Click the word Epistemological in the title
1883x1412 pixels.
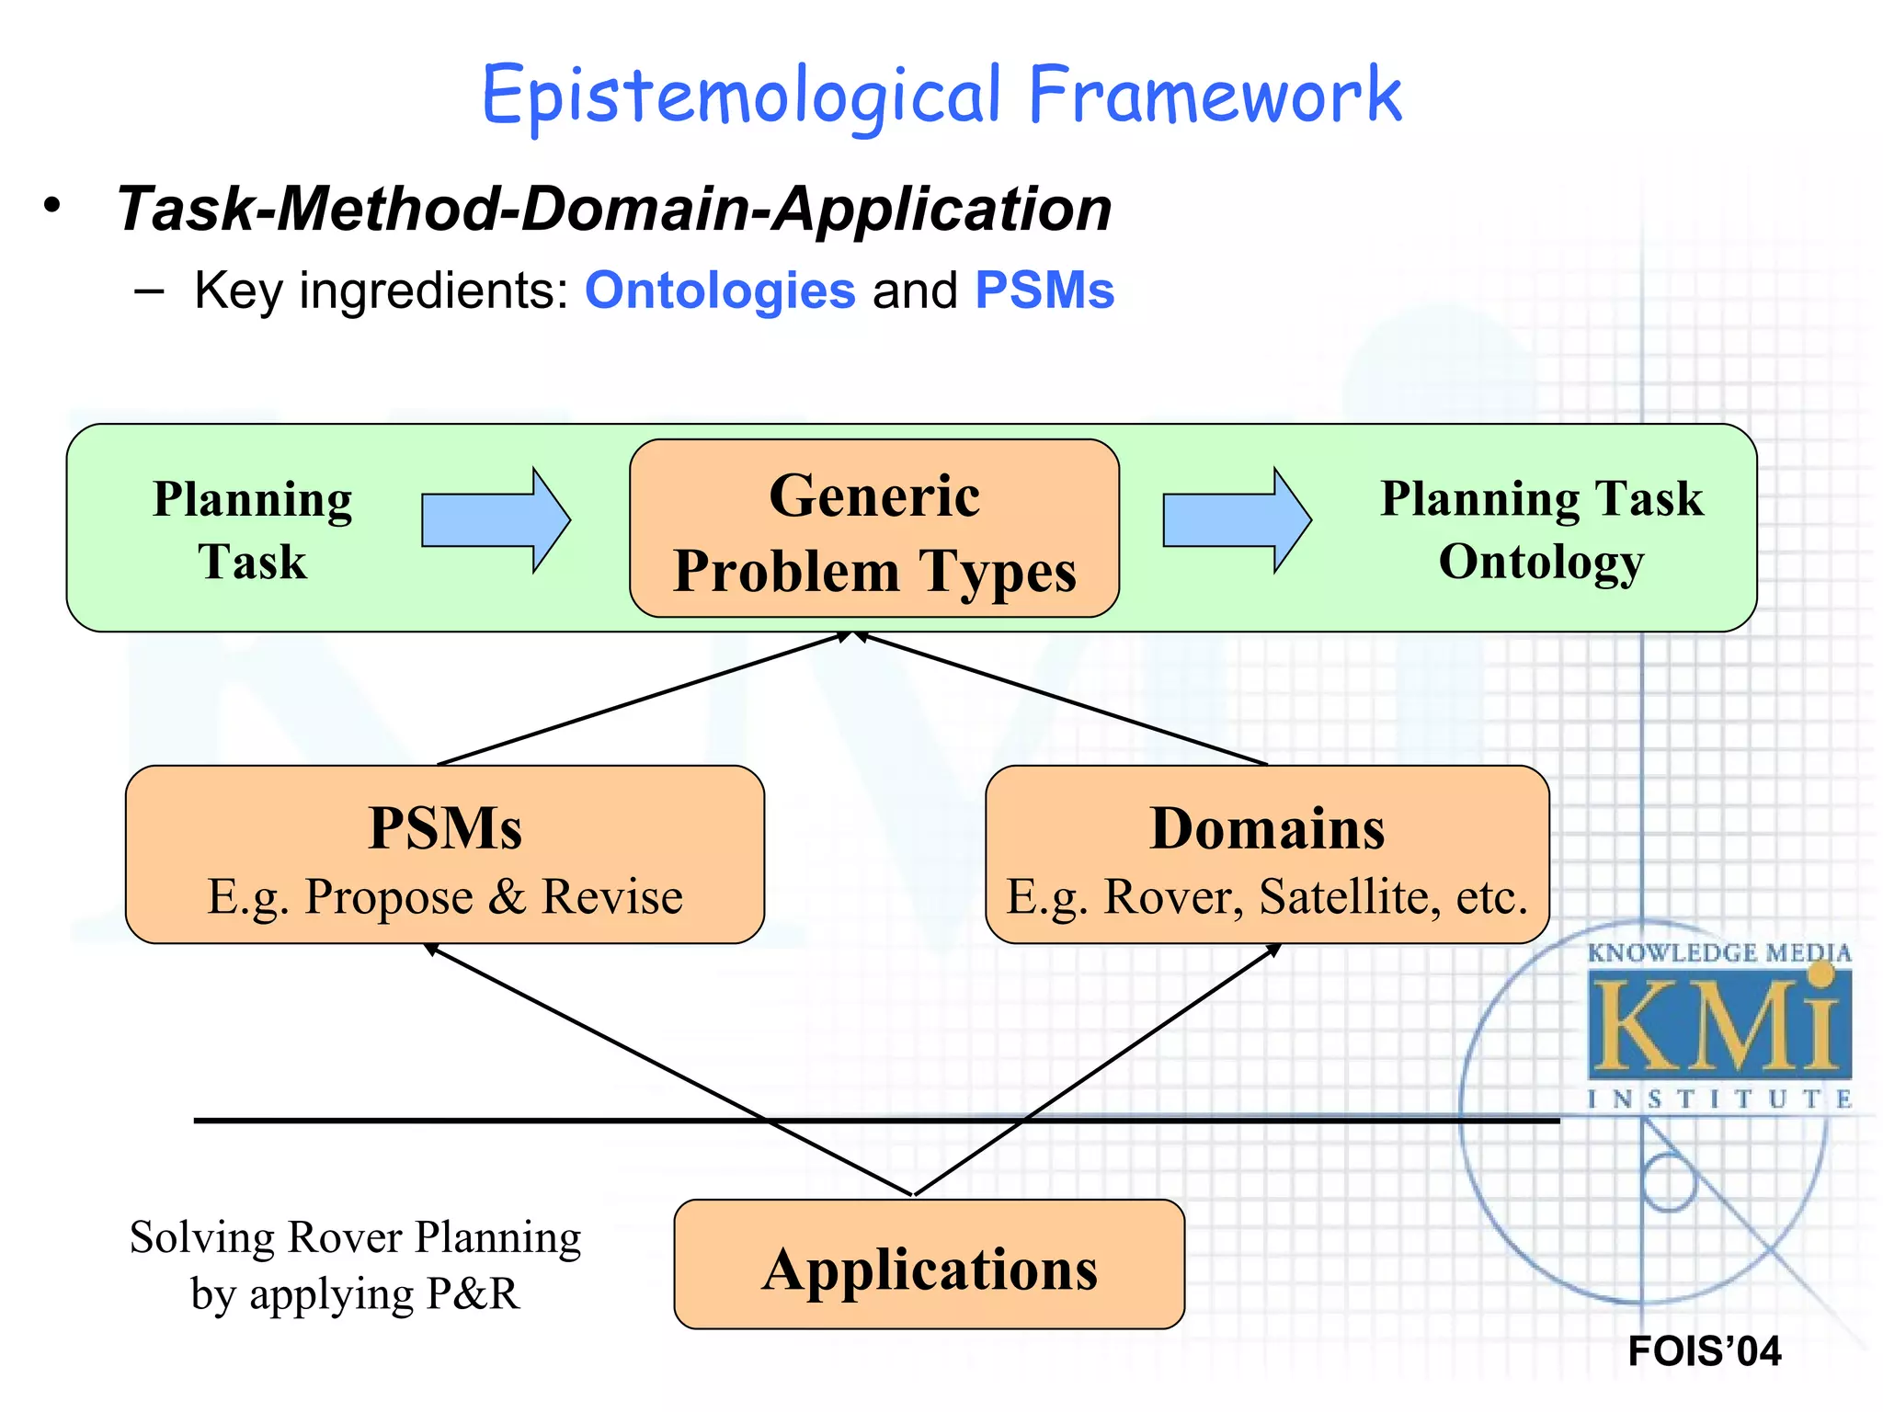741,96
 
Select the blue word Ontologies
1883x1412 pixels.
720,290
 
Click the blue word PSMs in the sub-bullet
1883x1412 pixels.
1044,290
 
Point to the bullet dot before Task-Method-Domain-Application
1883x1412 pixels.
52,206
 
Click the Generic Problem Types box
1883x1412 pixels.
873,529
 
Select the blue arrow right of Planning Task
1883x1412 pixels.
495,520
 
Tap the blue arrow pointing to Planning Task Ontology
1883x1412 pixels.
1236,520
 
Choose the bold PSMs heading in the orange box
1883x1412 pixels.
445,828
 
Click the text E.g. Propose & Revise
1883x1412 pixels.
445,896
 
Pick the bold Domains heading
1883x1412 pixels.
1267,828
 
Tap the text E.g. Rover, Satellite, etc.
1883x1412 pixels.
1267,896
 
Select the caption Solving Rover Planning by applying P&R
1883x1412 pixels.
355,1265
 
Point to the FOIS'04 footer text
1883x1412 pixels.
1704,1350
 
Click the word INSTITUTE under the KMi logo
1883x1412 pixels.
1718,1099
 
